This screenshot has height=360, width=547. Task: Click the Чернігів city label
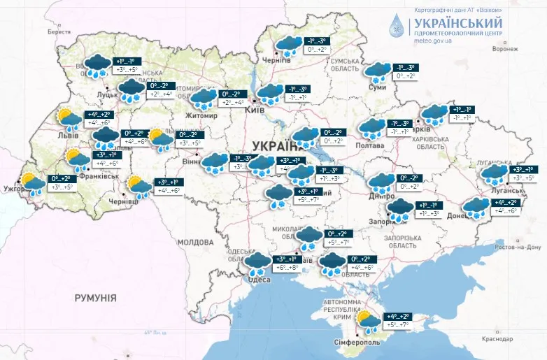pyautogui.click(x=277, y=61)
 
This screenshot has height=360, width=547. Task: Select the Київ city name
pyautogui.click(x=255, y=110)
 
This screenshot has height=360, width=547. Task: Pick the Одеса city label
pyautogui.click(x=259, y=280)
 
